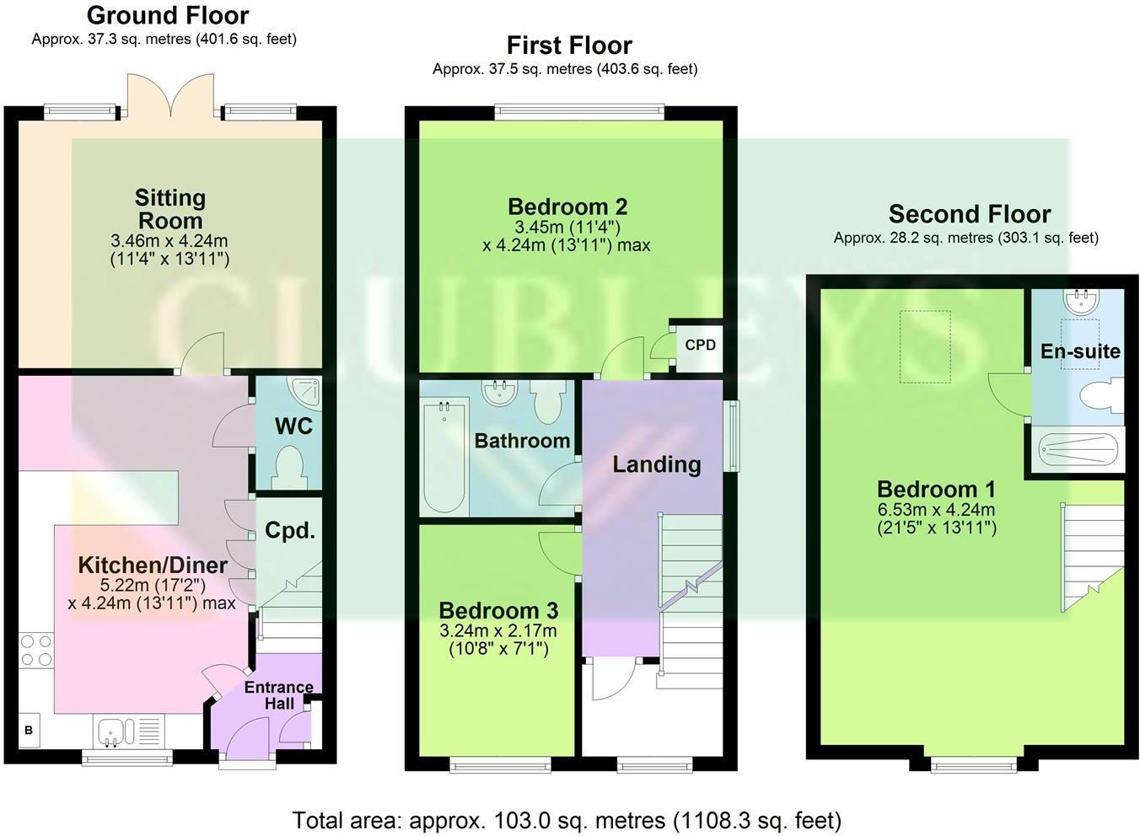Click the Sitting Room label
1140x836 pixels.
point(169,209)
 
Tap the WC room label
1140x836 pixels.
point(293,426)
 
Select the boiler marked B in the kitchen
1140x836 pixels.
point(29,730)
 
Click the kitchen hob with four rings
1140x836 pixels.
point(35,650)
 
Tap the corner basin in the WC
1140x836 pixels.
point(305,390)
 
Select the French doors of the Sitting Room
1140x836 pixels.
point(171,95)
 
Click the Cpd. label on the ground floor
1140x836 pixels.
point(289,531)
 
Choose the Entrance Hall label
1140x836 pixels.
point(279,695)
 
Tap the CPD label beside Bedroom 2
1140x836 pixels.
point(700,345)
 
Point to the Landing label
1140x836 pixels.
point(656,464)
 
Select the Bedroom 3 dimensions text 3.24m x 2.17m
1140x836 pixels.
point(497,630)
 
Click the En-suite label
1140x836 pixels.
point(1079,351)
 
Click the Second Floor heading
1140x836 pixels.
point(970,214)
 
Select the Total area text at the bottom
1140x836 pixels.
point(567,820)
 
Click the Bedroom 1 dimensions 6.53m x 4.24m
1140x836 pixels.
point(937,510)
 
